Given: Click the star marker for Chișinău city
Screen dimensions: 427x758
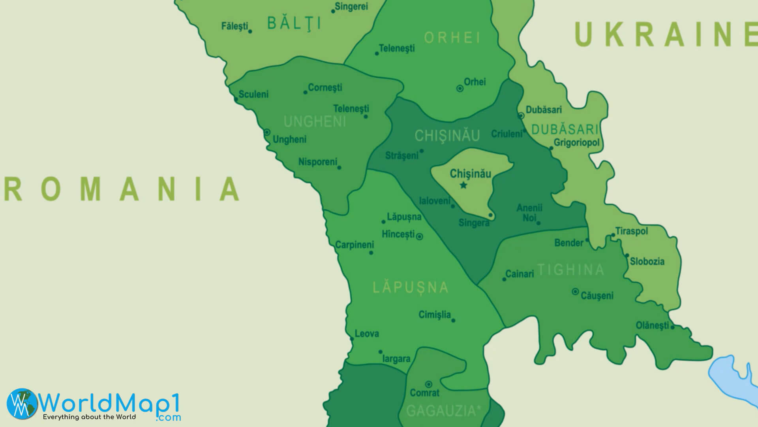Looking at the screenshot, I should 463,185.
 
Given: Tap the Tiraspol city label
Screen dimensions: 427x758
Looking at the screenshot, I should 632,231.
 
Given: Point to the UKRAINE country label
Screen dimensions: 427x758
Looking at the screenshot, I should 665,35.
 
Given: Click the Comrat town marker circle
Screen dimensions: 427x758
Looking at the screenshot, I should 428,384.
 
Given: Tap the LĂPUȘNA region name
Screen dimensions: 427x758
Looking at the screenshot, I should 411,287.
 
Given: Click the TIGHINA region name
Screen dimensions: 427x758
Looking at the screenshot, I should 571,270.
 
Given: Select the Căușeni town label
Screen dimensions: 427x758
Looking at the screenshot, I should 597,296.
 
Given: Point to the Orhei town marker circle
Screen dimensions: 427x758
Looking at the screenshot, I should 460,89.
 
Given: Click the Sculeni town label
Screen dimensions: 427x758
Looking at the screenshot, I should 253,94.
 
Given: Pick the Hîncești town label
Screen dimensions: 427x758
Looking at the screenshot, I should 398,234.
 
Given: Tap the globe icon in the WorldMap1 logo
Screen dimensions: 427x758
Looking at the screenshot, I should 22,403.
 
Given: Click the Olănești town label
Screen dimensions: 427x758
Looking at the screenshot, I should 652,325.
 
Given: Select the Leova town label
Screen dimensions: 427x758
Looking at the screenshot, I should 367,334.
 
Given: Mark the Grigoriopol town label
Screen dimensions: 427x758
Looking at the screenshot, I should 576,142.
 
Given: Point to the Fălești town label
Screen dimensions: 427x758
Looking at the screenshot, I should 235,26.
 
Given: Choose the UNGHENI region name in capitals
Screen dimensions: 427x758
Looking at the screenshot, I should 315,122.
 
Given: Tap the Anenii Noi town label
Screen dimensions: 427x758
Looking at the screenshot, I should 529,213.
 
